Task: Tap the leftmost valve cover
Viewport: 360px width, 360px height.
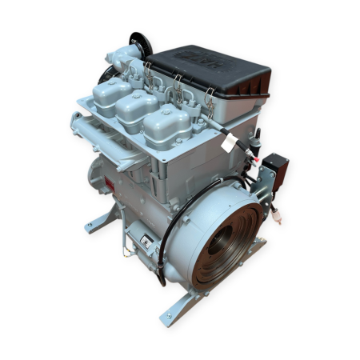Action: [111, 95]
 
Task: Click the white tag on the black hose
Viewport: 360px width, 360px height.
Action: [232, 142]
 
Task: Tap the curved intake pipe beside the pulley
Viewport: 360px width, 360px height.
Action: [120, 60]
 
